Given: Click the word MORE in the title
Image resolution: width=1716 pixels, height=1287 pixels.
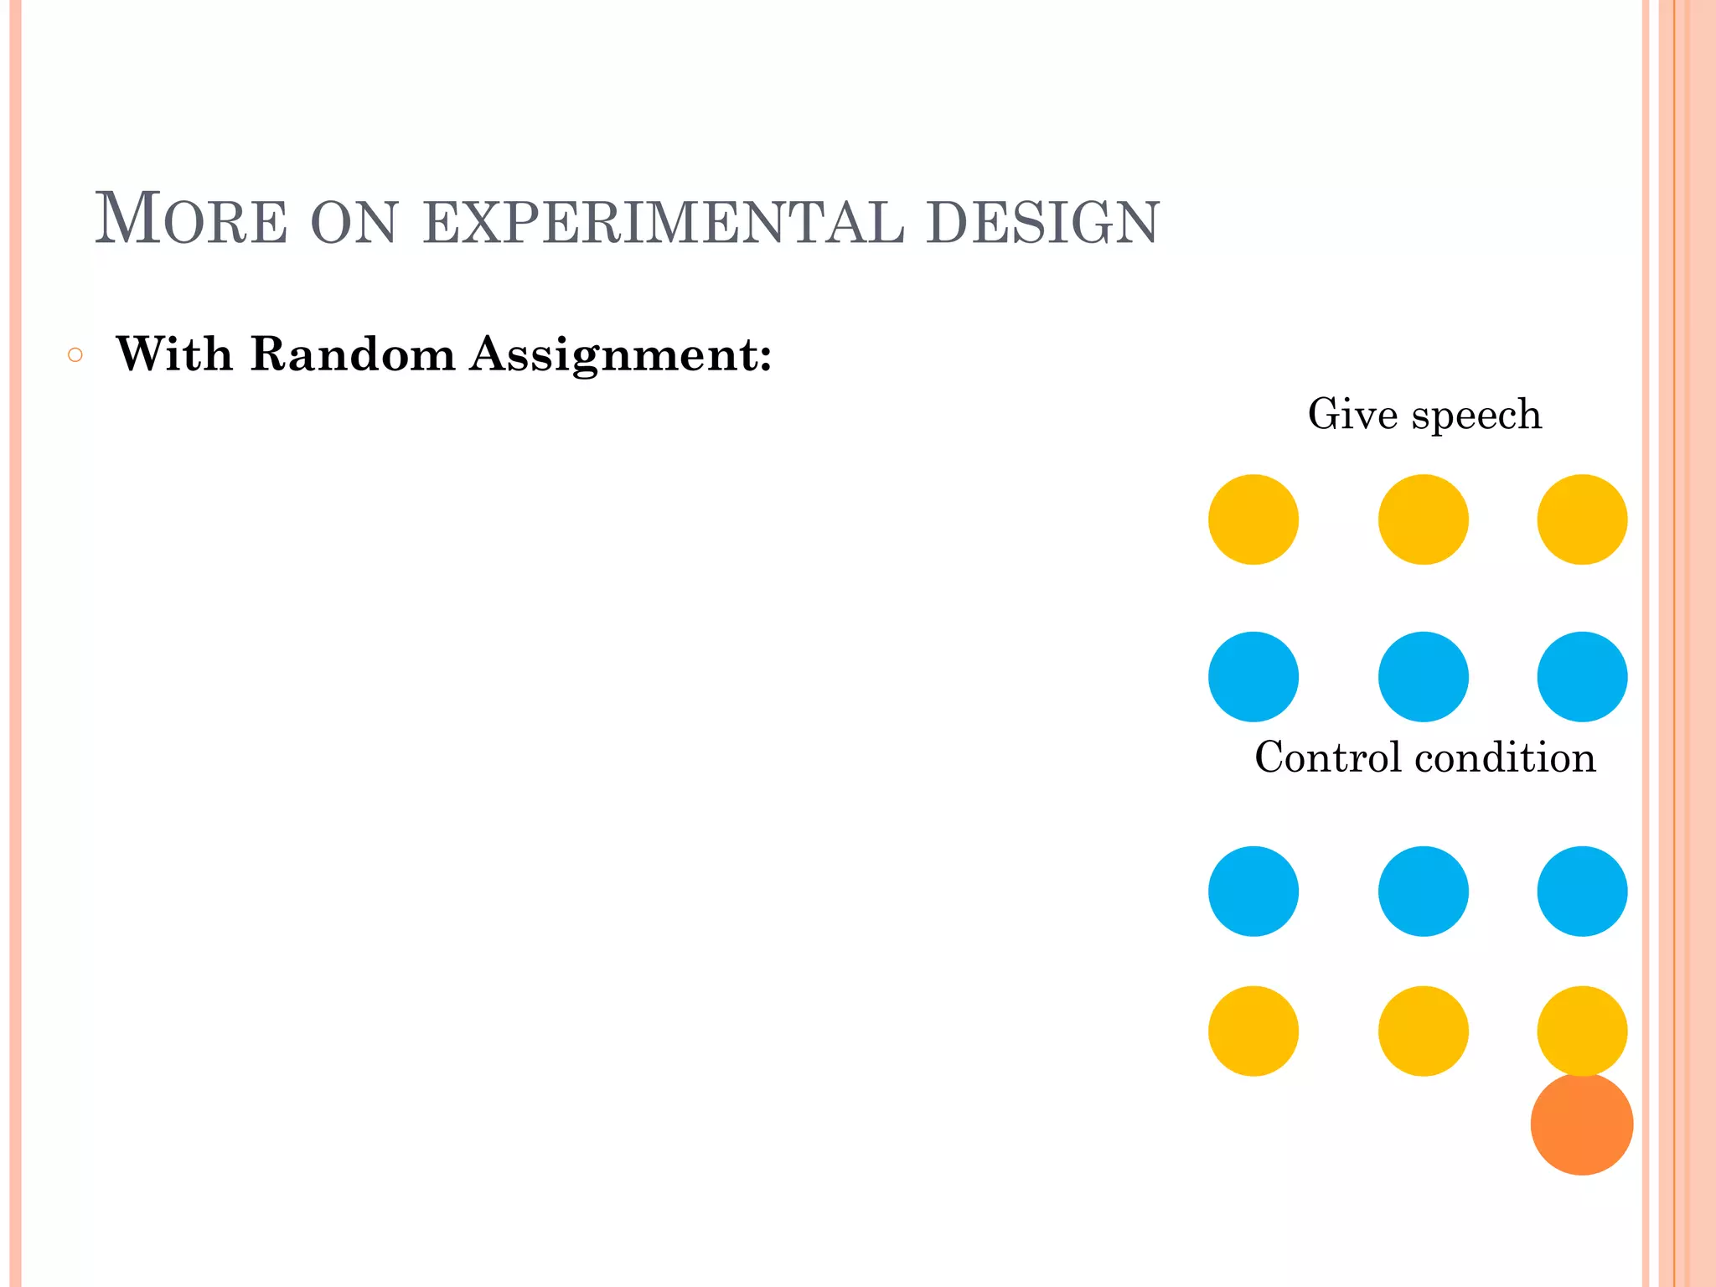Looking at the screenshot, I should click(x=191, y=220).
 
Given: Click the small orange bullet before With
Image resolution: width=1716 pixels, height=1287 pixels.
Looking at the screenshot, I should click(x=75, y=355).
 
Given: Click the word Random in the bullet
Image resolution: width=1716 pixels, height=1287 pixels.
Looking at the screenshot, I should click(x=352, y=354).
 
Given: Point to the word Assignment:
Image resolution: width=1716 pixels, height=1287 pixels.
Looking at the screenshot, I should click(x=620, y=355).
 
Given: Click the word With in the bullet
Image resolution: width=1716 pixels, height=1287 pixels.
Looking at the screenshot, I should click(x=174, y=354).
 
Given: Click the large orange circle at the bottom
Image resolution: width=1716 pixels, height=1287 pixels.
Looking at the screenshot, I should click(x=1581, y=1124).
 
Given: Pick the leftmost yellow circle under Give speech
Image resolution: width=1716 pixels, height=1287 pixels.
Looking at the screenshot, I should click(x=1253, y=519).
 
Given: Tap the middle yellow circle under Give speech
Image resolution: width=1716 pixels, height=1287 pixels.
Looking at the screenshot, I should click(x=1423, y=519).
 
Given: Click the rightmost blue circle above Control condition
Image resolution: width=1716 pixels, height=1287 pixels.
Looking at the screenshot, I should click(x=1581, y=676).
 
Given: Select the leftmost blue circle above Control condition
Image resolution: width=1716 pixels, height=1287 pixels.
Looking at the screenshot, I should click(x=1253, y=676).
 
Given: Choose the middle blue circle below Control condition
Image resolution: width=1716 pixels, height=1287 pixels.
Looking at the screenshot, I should click(x=1423, y=891).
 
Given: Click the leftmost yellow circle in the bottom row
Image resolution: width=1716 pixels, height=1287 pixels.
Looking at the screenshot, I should click(x=1253, y=1031).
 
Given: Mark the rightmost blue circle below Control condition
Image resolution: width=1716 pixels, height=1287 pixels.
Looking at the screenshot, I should click(x=1581, y=891).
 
